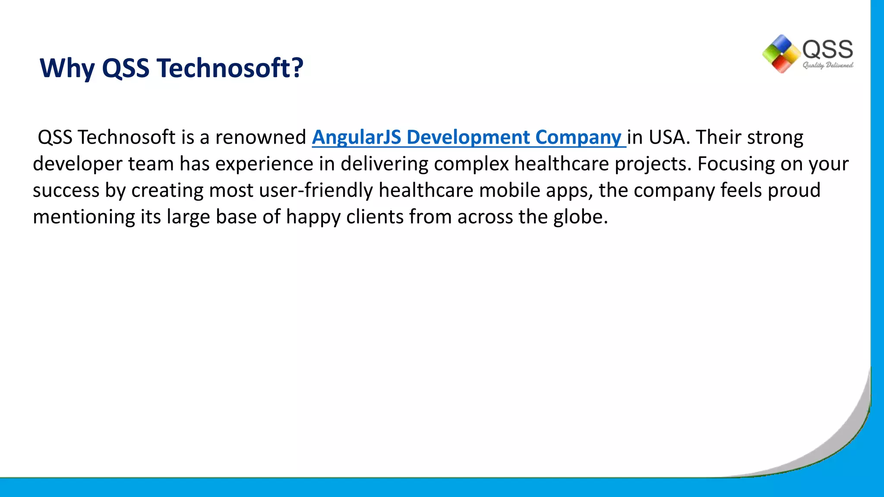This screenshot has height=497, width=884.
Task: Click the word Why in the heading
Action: [67, 68]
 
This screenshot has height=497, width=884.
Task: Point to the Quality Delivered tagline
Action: [828, 65]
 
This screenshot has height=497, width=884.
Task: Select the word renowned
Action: [260, 137]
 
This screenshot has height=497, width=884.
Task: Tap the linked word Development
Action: [468, 137]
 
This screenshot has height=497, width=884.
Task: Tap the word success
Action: [66, 190]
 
